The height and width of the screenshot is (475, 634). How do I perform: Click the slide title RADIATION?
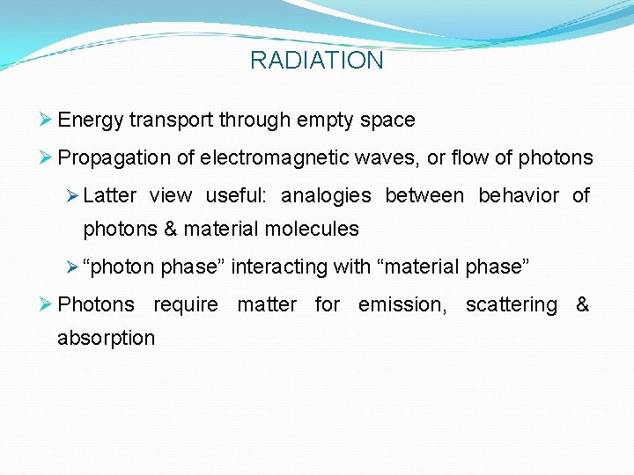(317, 61)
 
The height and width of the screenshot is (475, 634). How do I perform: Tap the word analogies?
(326, 195)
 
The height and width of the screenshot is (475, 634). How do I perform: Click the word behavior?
(519, 195)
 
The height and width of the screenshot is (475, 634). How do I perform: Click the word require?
(186, 305)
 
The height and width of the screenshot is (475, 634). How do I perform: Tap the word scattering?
(512, 305)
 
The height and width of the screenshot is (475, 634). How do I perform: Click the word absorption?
(106, 338)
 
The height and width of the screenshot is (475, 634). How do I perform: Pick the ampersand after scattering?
(582, 305)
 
